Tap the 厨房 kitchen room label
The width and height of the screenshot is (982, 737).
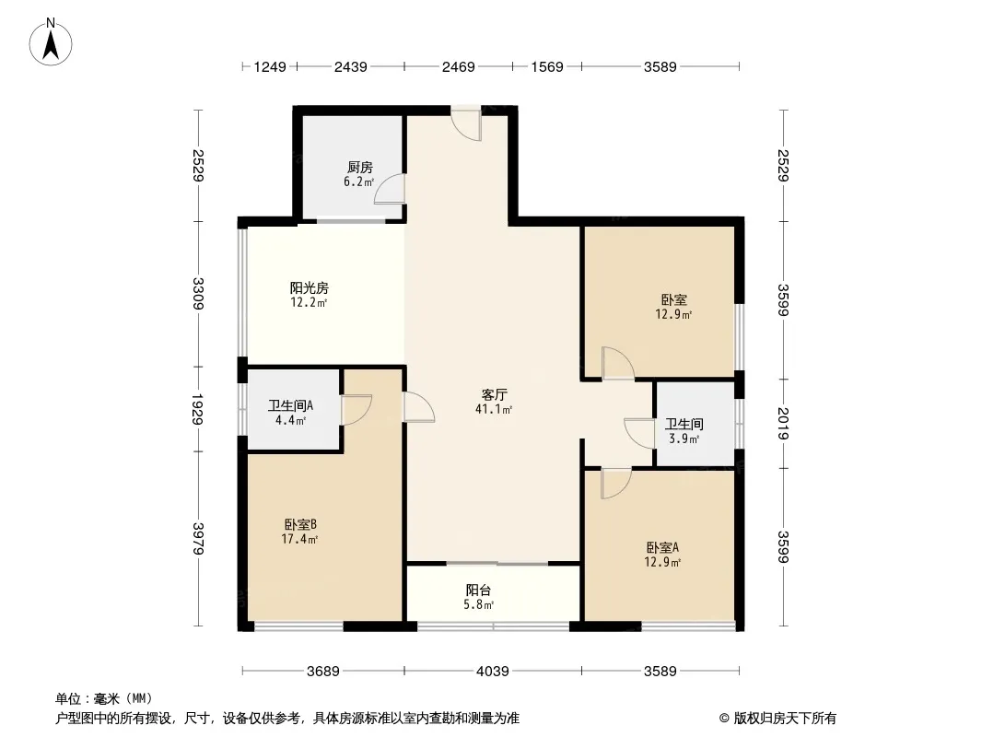[x=359, y=168]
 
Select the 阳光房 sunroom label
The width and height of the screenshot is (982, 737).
[x=309, y=288]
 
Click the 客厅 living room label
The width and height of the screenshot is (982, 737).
[x=494, y=394]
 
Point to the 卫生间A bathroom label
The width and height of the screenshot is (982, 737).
[x=291, y=405]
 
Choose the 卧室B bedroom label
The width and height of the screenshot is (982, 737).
[x=300, y=525]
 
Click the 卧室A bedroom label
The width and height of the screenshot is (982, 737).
[x=663, y=546]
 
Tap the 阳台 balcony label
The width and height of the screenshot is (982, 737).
[x=478, y=591]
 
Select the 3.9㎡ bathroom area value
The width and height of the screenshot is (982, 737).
[x=683, y=439]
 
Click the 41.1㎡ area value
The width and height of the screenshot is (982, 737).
[x=494, y=409]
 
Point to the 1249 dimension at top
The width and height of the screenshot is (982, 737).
[x=271, y=66]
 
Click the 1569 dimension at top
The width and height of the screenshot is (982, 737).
[x=546, y=66]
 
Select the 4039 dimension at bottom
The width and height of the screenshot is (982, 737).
[x=492, y=672]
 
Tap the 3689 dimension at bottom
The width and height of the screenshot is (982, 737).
[x=323, y=672]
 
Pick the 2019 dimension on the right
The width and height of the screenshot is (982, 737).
[x=782, y=423]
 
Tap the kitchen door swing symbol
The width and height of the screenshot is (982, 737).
[x=391, y=188]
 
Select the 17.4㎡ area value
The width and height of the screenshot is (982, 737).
[x=300, y=539]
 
